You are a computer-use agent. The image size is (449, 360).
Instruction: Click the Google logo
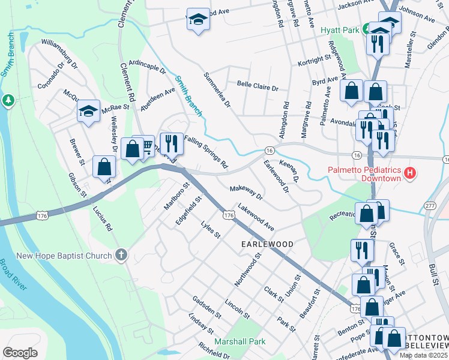coord(20,352)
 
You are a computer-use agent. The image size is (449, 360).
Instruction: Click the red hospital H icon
coord(410,174)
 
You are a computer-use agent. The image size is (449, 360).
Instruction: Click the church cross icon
coord(121,256)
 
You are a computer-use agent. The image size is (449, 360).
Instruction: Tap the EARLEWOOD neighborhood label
coord(267,245)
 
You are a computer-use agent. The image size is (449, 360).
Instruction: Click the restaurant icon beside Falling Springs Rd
coord(172,142)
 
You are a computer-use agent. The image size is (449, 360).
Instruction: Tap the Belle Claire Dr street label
coord(258,87)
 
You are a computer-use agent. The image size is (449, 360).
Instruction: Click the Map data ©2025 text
coord(423,355)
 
